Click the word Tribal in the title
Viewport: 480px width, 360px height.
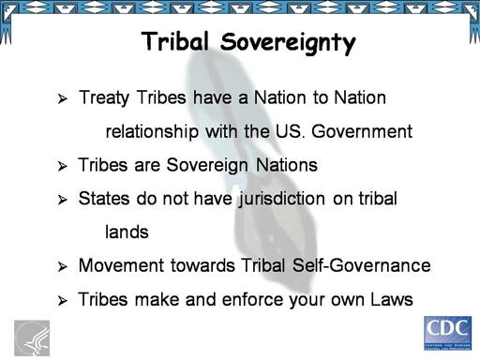pyautogui.click(x=175, y=41)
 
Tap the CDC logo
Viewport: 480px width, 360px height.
pyautogui.click(x=447, y=333)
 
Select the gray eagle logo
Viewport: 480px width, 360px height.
pyautogui.click(x=32, y=338)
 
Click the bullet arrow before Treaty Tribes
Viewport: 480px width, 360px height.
pyautogui.click(x=63, y=98)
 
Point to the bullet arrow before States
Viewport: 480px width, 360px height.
pyautogui.click(x=63, y=200)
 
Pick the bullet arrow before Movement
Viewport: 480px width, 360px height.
pyautogui.click(x=63, y=267)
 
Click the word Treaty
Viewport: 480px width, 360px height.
pyautogui.click(x=104, y=98)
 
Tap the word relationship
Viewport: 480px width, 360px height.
pyautogui.click(x=152, y=131)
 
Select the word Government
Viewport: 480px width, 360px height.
pyautogui.click(x=362, y=131)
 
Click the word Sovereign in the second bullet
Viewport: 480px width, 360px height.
pyautogui.click(x=207, y=166)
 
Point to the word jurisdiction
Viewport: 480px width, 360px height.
pyautogui.click(x=282, y=200)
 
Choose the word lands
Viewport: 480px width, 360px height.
pyautogui.click(x=127, y=232)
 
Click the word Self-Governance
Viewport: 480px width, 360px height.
pyautogui.click(x=361, y=265)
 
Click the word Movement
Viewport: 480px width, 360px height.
pyautogui.click(x=121, y=266)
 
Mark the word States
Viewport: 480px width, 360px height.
pyautogui.click(x=104, y=199)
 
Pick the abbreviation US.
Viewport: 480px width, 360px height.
pyautogui.click(x=289, y=131)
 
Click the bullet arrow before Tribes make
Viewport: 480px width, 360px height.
pyautogui.click(x=63, y=301)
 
